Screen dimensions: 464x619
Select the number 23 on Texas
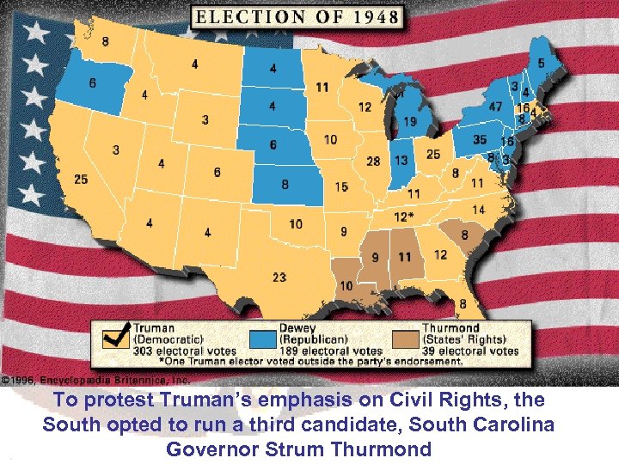click(279, 277)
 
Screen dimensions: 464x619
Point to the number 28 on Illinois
click(373, 161)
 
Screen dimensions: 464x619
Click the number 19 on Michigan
click(410, 122)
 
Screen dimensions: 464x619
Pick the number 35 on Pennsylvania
click(480, 139)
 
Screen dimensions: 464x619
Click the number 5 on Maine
click(541, 63)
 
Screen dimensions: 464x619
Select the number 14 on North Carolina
click(478, 210)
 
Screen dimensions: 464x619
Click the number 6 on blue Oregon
click(92, 83)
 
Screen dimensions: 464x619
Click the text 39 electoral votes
click(469, 351)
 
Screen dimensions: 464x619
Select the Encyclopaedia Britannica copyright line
click(95, 379)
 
